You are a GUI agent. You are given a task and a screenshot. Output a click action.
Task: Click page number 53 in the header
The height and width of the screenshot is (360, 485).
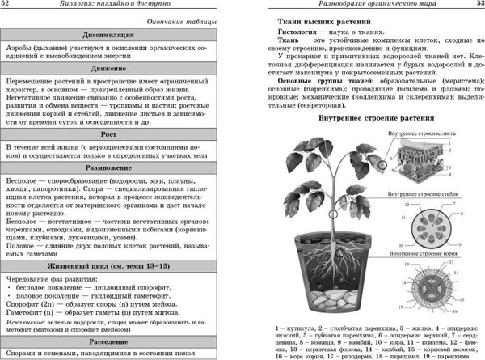point(474,7)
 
